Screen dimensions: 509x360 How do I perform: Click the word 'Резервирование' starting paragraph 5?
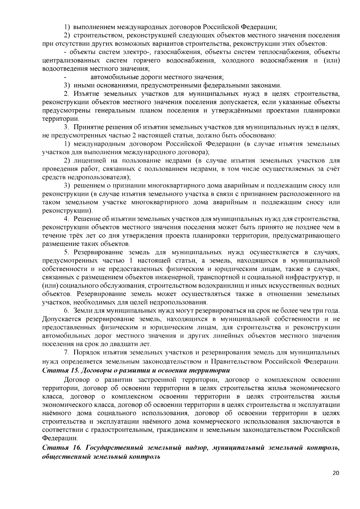pos(98,252)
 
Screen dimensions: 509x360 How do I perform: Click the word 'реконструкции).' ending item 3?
pos(67,210)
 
